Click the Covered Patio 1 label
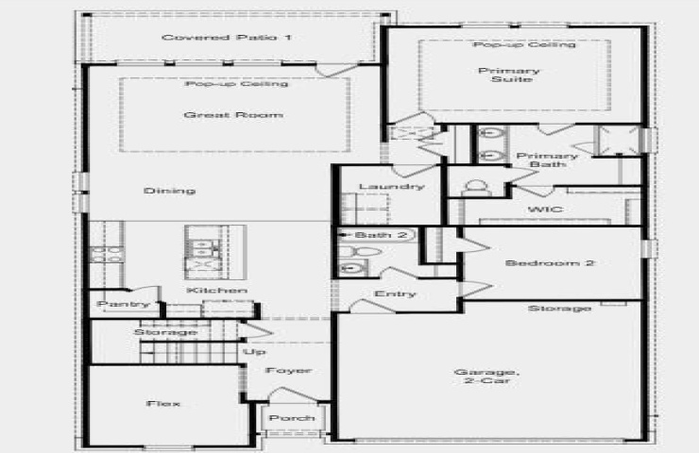227,38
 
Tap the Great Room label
233,115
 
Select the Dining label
169,191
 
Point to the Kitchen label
216,291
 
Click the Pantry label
124,305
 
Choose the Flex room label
163,404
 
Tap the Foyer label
288,371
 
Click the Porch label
292,418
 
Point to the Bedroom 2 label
550,262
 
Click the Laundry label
392,186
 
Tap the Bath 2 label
382,235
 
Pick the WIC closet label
546,209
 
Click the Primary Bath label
548,159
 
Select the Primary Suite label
509,75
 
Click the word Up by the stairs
254,352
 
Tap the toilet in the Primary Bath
476,189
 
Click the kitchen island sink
204,246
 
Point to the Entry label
396,294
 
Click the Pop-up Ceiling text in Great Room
237,84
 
